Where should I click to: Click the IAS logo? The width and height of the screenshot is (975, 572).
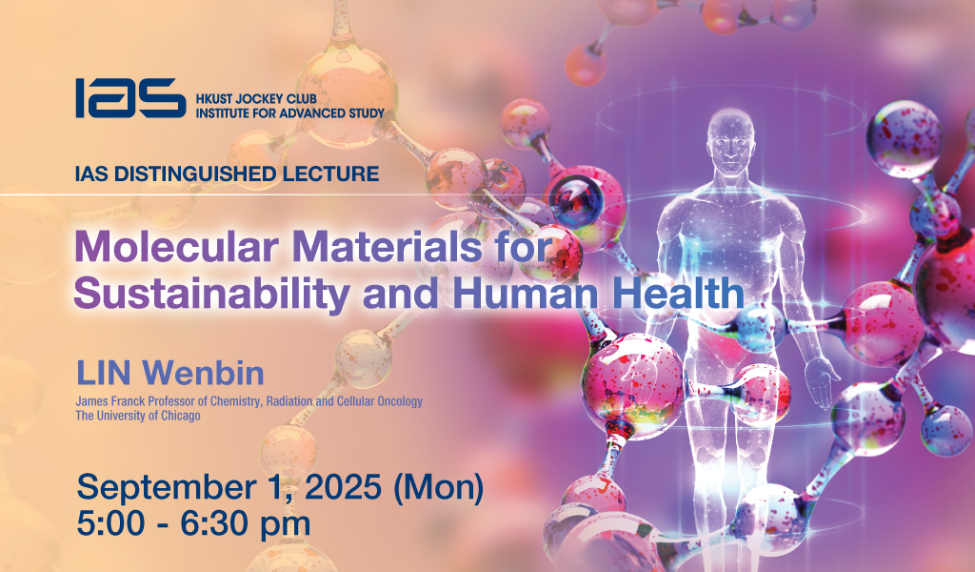[x=130, y=98]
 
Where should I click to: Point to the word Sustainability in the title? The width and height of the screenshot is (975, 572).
[x=212, y=295]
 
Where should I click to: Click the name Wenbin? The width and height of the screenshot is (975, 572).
[x=203, y=374]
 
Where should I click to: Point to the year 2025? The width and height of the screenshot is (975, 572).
[x=343, y=487]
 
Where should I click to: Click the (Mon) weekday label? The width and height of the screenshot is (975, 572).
[x=438, y=487]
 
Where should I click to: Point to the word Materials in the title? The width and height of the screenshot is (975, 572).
[x=387, y=247]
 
